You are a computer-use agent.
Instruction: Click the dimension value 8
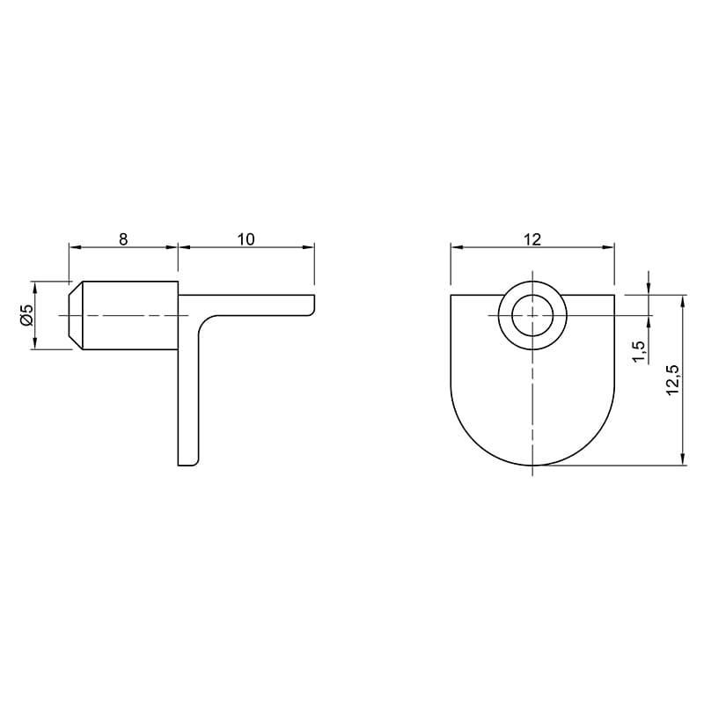(123, 238)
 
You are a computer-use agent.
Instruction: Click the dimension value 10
(246, 238)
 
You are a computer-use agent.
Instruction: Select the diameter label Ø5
(26, 315)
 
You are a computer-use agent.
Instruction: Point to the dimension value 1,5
(638, 350)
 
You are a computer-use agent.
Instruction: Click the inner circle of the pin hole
(532, 316)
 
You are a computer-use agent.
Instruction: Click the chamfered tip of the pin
(75, 315)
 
